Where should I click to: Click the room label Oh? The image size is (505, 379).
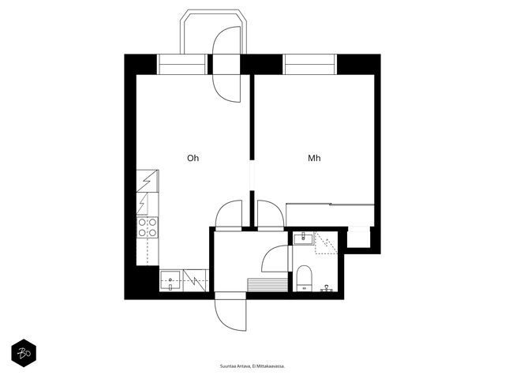pos(193,158)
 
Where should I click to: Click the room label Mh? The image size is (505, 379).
pos(314,158)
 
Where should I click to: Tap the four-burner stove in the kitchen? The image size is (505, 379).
pos(148,227)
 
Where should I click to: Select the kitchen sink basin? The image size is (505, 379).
pos(170,281)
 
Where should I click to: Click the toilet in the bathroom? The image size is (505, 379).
pos(304,278)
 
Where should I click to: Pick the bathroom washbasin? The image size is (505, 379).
pos(303,238)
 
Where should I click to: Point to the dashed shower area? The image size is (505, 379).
pos(326,242)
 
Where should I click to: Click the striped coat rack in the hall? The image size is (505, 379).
pos(267,284)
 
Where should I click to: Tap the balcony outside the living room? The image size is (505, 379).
pos(213,32)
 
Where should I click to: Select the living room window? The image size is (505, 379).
pos(182,65)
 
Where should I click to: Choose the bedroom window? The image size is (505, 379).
pos(310,65)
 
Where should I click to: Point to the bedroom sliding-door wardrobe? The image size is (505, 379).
pos(330,215)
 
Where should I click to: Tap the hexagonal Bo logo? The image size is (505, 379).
pos(24,353)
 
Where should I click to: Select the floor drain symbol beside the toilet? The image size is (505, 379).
pos(327,287)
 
